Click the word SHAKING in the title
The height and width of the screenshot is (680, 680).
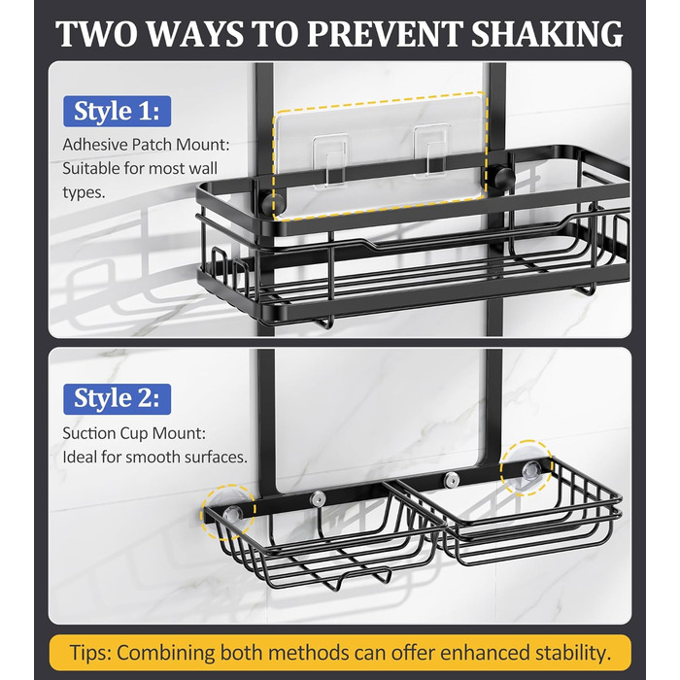click(547, 34)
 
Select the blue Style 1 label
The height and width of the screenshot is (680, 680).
click(118, 112)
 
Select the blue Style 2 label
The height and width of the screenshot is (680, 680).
click(118, 399)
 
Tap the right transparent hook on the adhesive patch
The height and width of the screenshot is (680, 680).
click(430, 152)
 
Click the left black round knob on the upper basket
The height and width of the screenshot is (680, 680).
click(273, 204)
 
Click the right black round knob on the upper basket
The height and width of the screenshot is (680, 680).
click(503, 178)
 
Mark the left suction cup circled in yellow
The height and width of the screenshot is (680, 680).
click(228, 512)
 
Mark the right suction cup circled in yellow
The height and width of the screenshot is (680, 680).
click(527, 468)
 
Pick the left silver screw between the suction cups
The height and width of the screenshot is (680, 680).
click(318, 499)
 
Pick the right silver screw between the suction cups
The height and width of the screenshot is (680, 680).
click(452, 479)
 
